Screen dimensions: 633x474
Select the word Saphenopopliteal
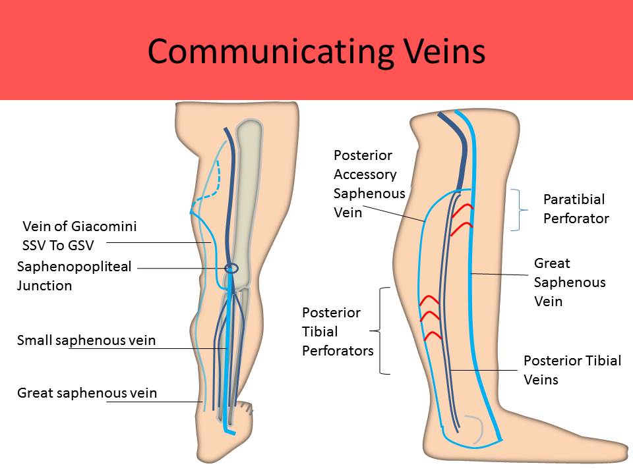(75, 267)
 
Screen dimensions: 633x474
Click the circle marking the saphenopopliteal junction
(231, 268)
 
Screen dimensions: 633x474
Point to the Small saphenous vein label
(86, 340)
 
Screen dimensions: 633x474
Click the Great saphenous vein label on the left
(87, 393)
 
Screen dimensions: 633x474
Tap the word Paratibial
(574, 199)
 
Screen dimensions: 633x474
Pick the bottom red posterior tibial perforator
(432, 334)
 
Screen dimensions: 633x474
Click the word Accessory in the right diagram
(365, 174)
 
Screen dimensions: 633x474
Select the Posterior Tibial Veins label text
(572, 370)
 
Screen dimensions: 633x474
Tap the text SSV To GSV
(58, 246)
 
